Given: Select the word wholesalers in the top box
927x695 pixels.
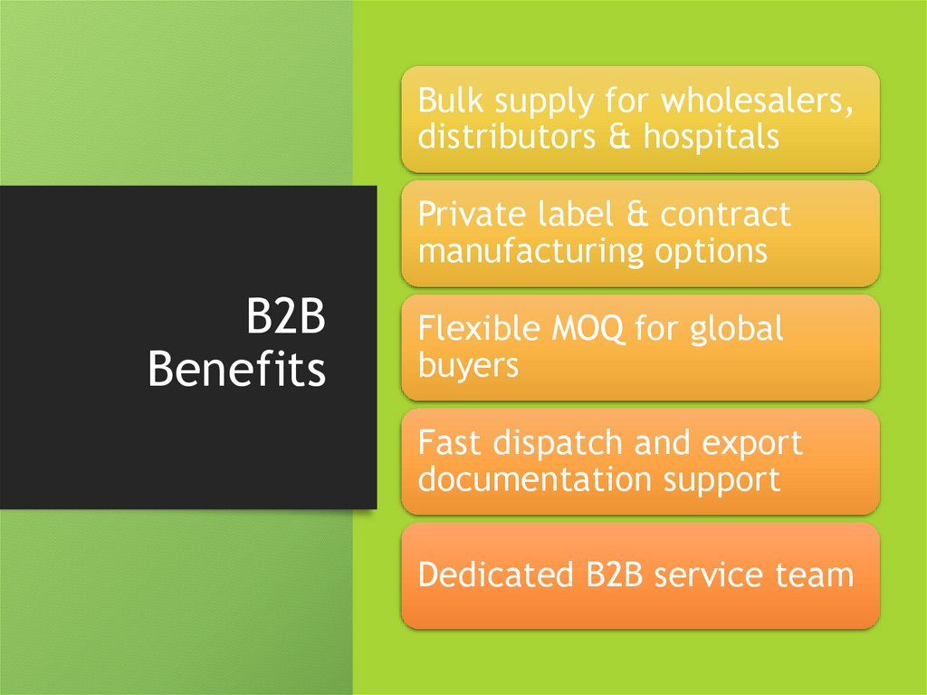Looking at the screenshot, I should coord(757,102).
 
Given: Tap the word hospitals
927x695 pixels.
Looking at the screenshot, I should coord(711,138).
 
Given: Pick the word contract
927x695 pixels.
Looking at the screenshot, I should coord(725,216).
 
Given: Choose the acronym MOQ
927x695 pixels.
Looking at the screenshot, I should coord(584,329).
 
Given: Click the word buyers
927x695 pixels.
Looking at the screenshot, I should coord(468,365).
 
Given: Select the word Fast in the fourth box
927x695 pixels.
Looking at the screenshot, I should coord(450,444).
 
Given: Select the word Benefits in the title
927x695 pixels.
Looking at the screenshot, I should coord(236,370).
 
